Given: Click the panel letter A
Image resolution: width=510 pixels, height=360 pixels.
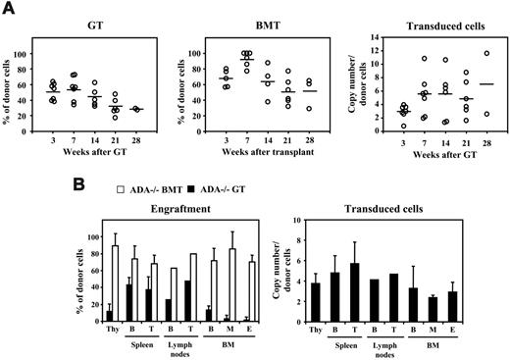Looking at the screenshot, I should (x=9, y=8).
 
